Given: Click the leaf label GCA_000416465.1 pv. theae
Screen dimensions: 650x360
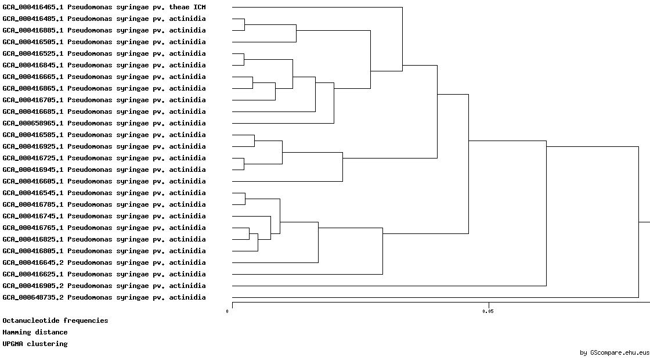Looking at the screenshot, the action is tap(104, 7).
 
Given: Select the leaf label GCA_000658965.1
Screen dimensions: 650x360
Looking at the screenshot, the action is tap(104, 123).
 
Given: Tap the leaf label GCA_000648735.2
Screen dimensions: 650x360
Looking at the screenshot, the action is tap(104, 297).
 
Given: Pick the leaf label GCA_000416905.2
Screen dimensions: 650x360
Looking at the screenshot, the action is tap(104, 286).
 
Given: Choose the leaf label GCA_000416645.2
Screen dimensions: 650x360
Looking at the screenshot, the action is tap(104, 262).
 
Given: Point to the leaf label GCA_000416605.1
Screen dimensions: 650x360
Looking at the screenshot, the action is tap(104, 181).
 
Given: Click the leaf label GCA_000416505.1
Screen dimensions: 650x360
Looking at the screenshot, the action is tap(104, 42).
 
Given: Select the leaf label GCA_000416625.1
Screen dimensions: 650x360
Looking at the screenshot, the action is tap(104, 274).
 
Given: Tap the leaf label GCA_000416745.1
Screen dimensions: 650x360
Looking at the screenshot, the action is tap(104, 216).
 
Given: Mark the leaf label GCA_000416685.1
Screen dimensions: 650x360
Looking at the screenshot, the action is tap(104, 111).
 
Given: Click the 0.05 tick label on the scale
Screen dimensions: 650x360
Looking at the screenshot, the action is tap(488, 311).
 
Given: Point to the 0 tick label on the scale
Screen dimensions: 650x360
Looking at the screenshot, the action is tap(227, 311).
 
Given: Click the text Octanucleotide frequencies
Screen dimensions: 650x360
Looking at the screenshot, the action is tap(55, 321).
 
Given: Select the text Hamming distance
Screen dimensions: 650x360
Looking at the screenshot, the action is tap(35, 332).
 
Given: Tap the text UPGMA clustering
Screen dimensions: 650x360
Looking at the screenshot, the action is tap(35, 344).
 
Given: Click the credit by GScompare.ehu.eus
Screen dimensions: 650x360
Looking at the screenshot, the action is tap(615, 353).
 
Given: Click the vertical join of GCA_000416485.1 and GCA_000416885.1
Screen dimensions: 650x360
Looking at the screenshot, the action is tap(244, 24).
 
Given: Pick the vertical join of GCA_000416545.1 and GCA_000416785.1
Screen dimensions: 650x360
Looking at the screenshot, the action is tap(245, 199).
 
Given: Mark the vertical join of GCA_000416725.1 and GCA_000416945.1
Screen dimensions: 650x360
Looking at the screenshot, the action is tap(244, 164).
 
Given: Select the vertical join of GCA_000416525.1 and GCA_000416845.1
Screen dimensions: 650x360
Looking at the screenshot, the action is tap(244, 59).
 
